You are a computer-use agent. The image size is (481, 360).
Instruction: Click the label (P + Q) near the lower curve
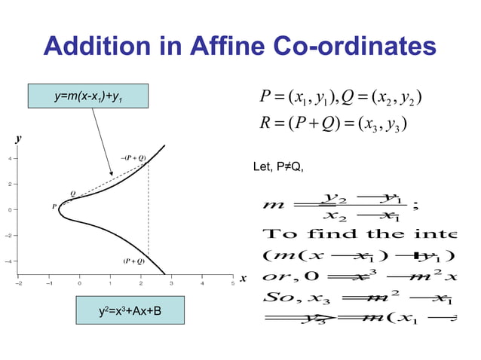point(133,261)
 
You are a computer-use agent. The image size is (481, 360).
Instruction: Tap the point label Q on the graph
point(72,194)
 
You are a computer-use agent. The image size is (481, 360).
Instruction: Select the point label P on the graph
point(54,206)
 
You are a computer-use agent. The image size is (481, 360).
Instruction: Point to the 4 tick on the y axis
point(9,159)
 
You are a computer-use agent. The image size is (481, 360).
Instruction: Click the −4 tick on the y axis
point(8,261)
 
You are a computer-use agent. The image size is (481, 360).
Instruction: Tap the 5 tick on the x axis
point(232,284)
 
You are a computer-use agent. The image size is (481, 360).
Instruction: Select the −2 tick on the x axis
point(19,284)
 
